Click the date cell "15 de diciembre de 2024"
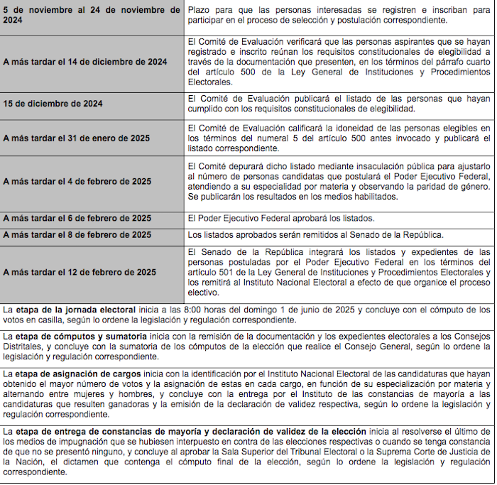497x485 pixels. pyautogui.click(x=53, y=104)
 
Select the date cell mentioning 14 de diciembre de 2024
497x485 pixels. pyautogui.click(x=85, y=62)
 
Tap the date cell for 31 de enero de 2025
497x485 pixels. pyautogui.click(x=77, y=138)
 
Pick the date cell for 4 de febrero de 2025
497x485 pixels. pyautogui.click(x=77, y=182)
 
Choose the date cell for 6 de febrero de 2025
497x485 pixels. pyautogui.click(x=77, y=218)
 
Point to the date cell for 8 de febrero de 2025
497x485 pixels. pyautogui.click(x=77, y=235)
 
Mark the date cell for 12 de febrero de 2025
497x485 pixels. pyautogui.click(x=80, y=272)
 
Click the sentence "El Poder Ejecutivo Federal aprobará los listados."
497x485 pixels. pyautogui.click(x=280, y=218)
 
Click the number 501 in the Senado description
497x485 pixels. pyautogui.click(x=223, y=272)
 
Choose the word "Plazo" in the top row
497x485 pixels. pyautogui.click(x=199, y=11)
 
